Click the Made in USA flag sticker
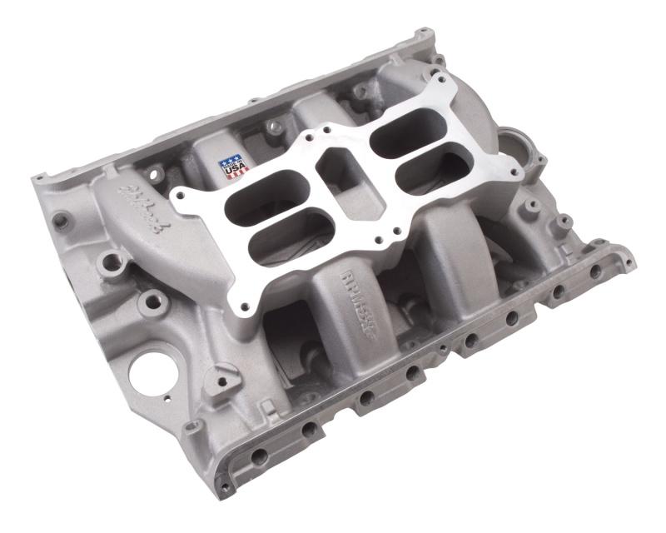pos(234,167)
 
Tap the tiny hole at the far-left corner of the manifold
pos(39,178)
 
